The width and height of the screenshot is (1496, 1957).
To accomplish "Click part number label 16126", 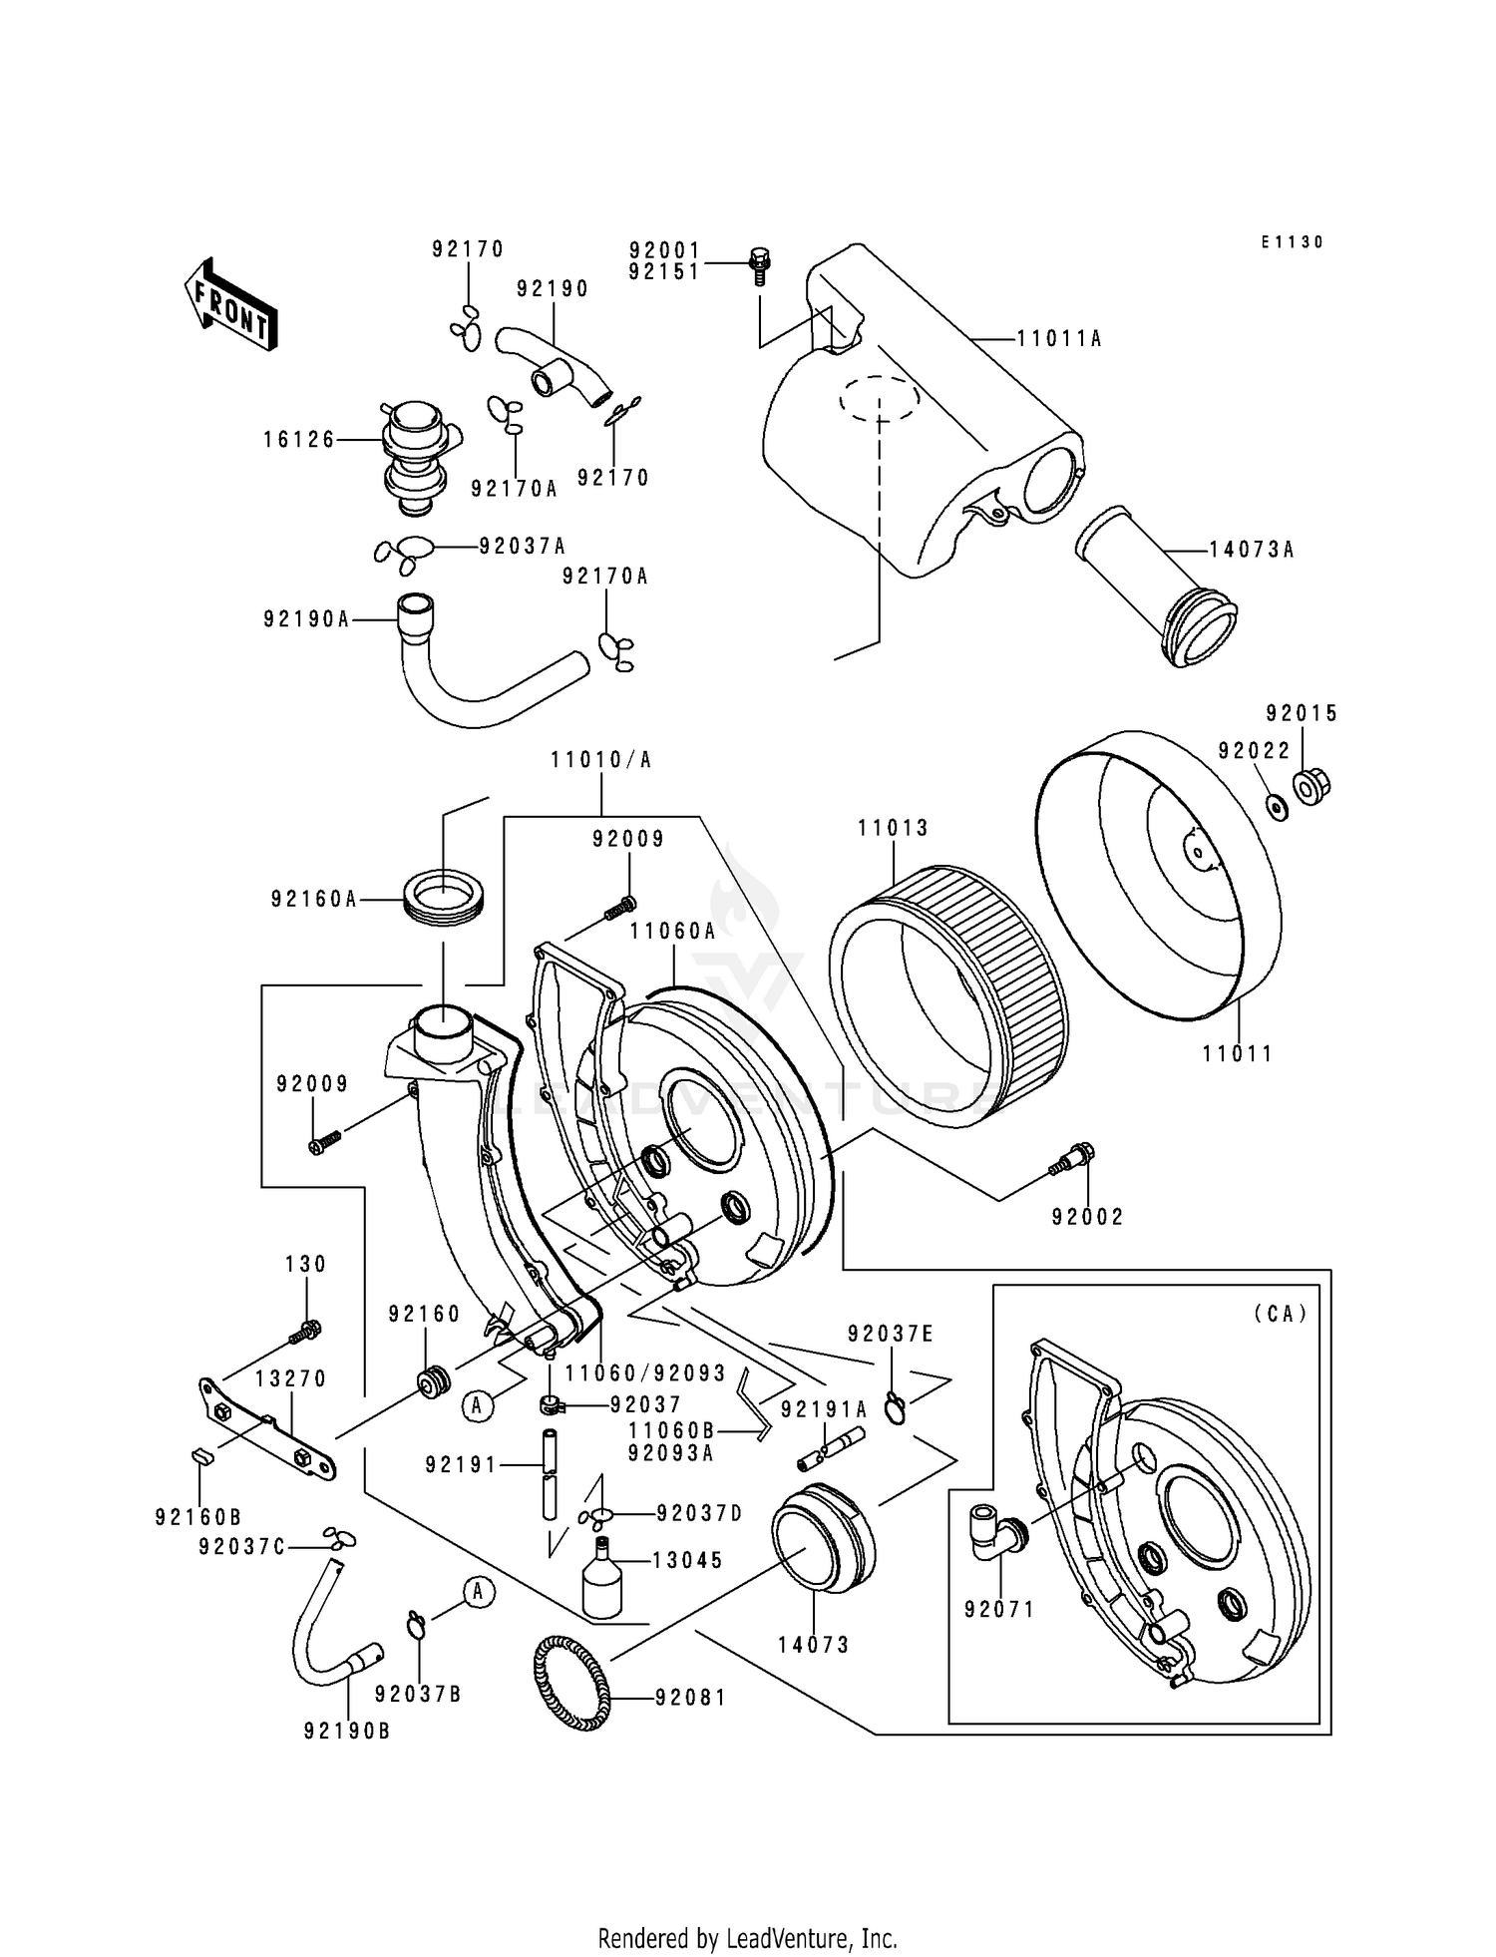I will [299, 439].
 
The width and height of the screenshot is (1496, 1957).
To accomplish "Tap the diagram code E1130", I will [1292, 242].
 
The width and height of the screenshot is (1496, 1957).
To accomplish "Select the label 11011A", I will [1058, 339].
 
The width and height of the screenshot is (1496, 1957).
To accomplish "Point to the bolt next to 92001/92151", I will [759, 265].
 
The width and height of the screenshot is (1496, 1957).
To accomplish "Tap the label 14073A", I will [1251, 550].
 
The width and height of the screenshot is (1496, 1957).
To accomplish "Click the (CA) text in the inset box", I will [1280, 1314].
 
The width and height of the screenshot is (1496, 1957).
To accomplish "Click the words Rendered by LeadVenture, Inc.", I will [747, 1939].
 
